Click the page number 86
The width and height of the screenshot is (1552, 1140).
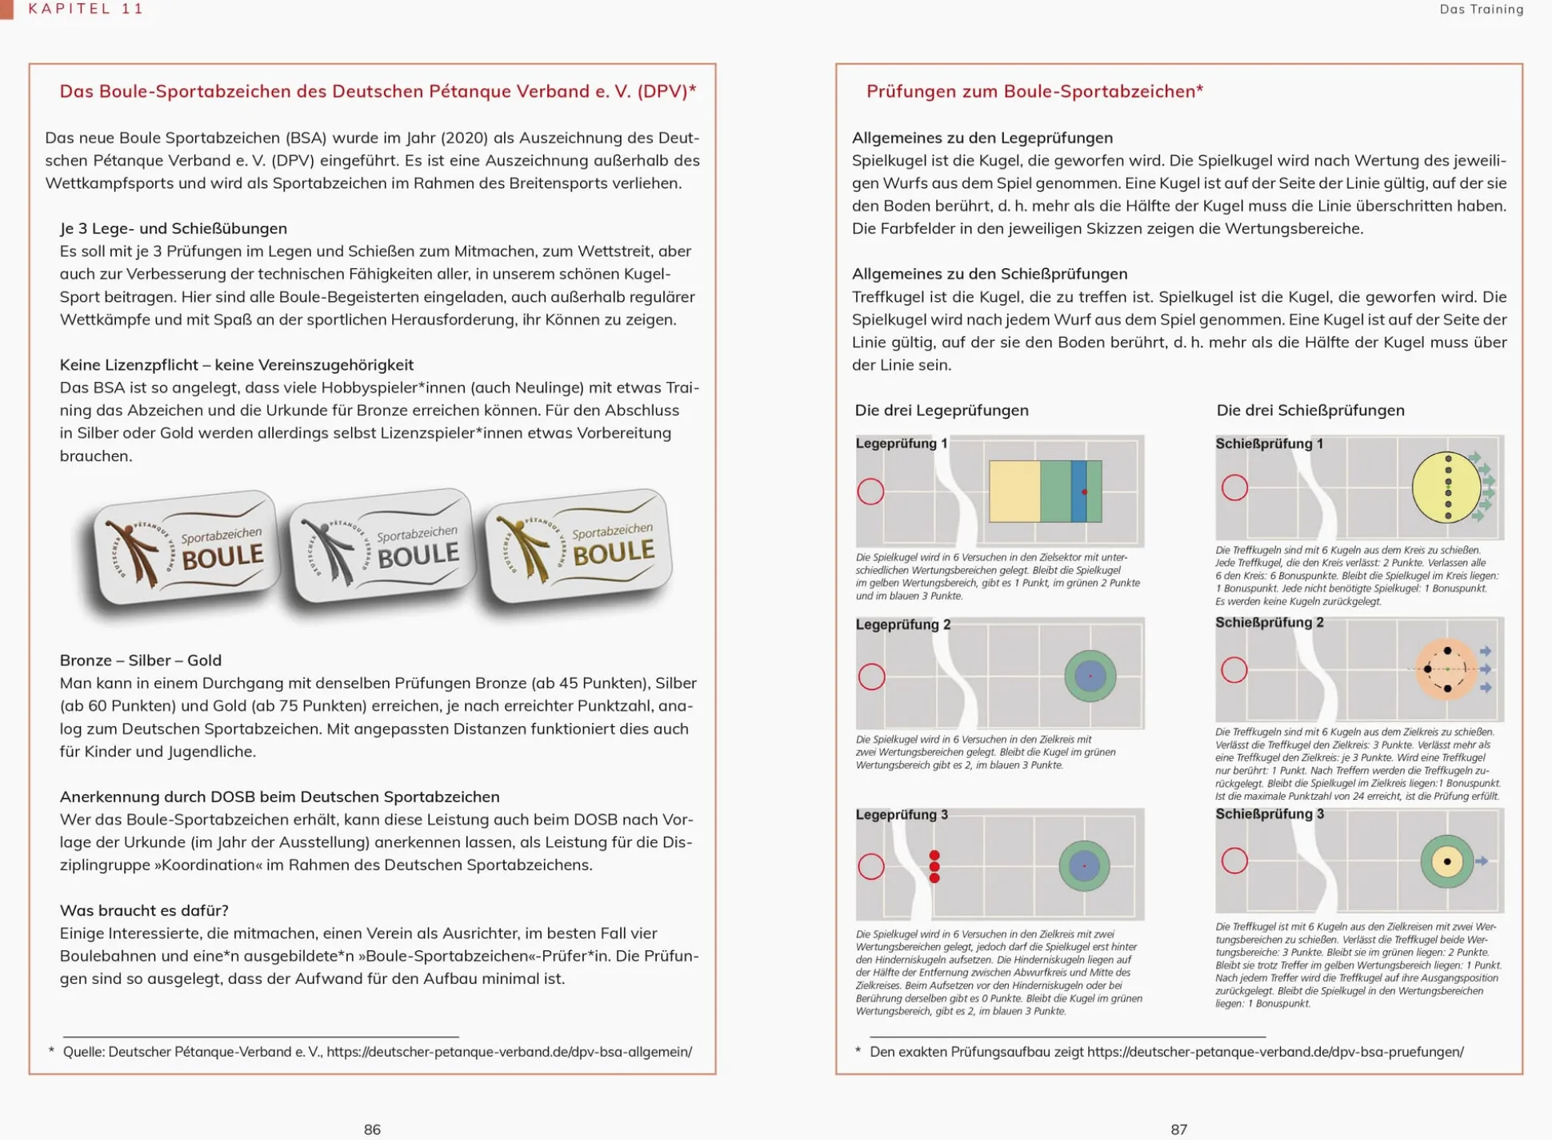pyautogui.click(x=372, y=1129)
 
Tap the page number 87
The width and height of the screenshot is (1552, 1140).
pyautogui.click(x=1178, y=1129)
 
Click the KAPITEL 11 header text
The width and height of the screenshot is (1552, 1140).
pyautogui.click(x=86, y=9)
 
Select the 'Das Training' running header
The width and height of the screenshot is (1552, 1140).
pyautogui.click(x=1481, y=10)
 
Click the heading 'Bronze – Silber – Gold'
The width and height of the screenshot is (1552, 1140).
pyautogui.click(x=141, y=660)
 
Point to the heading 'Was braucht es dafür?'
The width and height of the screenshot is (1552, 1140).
pyautogui.click(x=144, y=910)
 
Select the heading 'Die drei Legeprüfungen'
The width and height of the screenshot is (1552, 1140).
pyautogui.click(x=942, y=411)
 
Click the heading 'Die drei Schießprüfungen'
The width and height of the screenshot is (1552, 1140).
pyautogui.click(x=1310, y=411)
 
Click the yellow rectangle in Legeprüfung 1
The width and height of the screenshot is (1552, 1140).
pyautogui.click(x=1014, y=492)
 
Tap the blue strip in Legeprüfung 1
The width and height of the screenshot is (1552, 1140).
pyautogui.click(x=1078, y=492)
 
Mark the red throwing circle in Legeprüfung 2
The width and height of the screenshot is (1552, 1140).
pyautogui.click(x=871, y=676)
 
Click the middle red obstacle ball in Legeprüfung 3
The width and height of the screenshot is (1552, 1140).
pyautogui.click(x=934, y=867)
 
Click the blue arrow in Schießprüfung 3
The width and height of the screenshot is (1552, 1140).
pyautogui.click(x=1482, y=861)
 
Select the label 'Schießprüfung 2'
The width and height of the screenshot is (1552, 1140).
pyautogui.click(x=1270, y=623)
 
